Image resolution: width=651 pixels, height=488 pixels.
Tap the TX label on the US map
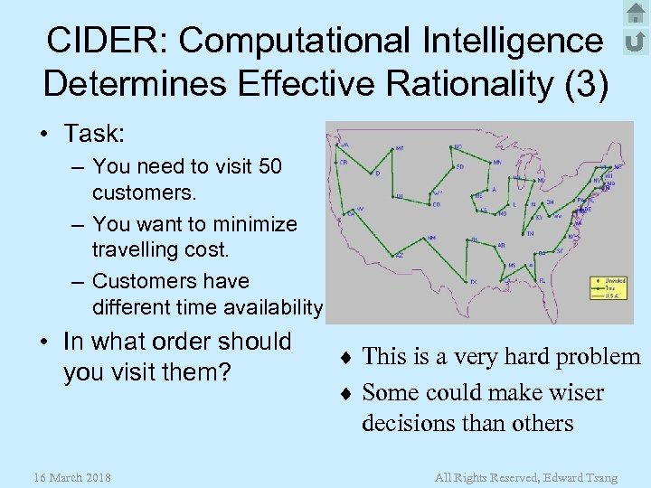click(x=473, y=281)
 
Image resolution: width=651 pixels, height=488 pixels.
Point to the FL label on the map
click(x=542, y=280)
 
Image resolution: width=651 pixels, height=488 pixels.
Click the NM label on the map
click(x=432, y=238)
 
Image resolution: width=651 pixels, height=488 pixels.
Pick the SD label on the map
click(x=460, y=166)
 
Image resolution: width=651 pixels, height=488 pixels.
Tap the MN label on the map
click(x=497, y=162)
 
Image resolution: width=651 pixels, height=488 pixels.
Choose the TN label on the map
click(x=530, y=233)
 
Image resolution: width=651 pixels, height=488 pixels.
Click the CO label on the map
click(x=437, y=204)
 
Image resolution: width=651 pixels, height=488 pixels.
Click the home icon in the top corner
click(x=636, y=14)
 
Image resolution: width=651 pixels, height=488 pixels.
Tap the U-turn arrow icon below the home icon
click(x=636, y=42)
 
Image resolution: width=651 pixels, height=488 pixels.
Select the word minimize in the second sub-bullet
click(x=252, y=223)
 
